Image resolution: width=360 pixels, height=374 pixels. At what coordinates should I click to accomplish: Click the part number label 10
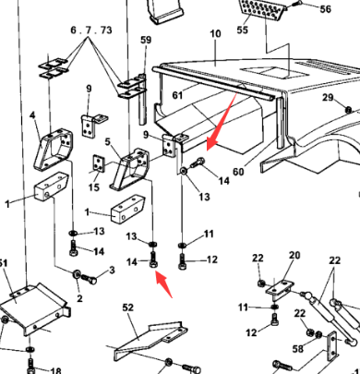click(215, 34)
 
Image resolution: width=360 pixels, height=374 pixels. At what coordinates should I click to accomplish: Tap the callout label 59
click(146, 40)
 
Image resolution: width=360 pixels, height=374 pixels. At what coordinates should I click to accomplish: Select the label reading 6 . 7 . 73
click(90, 30)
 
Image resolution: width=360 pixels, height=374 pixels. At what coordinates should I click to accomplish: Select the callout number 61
click(177, 95)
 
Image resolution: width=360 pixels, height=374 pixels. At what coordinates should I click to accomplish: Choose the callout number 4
click(32, 115)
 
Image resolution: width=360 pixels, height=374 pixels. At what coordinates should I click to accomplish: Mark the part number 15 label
click(93, 188)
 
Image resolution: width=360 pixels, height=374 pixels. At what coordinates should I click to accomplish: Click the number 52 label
click(127, 305)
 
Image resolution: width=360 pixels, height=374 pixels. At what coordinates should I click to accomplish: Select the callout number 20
click(294, 255)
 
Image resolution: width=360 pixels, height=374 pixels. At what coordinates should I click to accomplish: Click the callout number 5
click(108, 141)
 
